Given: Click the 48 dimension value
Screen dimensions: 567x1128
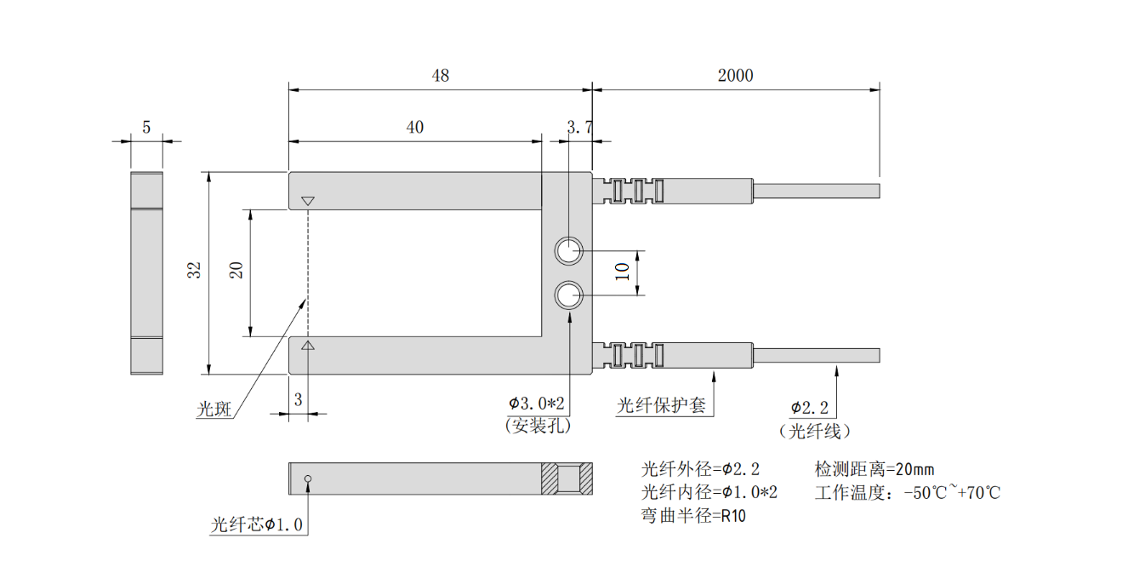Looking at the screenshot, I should coord(440,76).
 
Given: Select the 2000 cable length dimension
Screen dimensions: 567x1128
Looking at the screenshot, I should coord(735,76).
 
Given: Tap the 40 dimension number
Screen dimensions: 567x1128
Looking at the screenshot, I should coord(414,128).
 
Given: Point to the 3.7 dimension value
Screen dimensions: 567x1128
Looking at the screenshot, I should coord(579,128).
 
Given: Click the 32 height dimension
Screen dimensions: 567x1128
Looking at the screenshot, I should coord(195,271).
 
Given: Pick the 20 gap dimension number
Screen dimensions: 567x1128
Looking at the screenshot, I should coord(237,271).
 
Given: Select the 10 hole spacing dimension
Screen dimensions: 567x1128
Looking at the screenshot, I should coord(622,272).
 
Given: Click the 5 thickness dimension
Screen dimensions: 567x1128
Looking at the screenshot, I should coord(146,128).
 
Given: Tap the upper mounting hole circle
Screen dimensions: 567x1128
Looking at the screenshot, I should coord(568,251).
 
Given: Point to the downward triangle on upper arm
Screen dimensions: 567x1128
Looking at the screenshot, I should coord(308,202).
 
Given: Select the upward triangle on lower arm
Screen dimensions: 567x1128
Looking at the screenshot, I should coord(308,345).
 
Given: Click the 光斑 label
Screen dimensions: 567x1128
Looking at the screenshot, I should coord(214,409).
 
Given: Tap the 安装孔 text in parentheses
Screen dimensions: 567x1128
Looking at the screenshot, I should coord(538,425).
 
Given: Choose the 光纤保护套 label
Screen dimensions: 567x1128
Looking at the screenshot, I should coord(661,405).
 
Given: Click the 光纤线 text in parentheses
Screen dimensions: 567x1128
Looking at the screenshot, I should coord(814,431).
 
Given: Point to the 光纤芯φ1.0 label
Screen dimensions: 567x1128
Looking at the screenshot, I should coord(256,524).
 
